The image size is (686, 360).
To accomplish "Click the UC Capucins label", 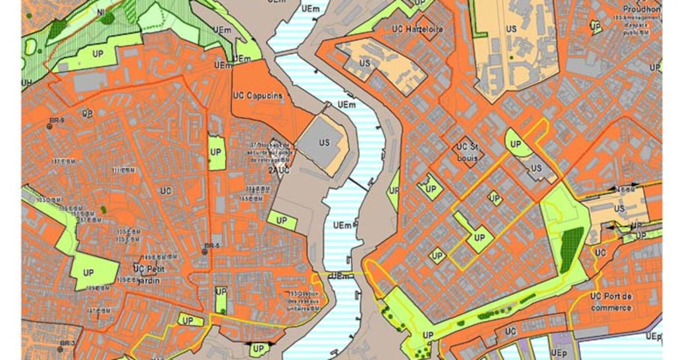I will tap(258, 95).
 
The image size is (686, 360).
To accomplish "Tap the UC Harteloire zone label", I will tap(418, 29).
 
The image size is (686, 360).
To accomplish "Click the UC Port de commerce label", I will tap(611, 302).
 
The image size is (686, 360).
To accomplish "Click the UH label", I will tap(26, 82).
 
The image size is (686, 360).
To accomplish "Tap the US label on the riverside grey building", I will tap(324, 143).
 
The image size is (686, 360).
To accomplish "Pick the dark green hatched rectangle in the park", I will tap(571, 250).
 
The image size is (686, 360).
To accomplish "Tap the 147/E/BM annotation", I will tap(98, 310).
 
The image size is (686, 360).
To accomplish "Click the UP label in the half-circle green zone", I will tap(516, 145).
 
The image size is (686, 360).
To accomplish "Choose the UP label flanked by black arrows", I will tap(258, 348).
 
